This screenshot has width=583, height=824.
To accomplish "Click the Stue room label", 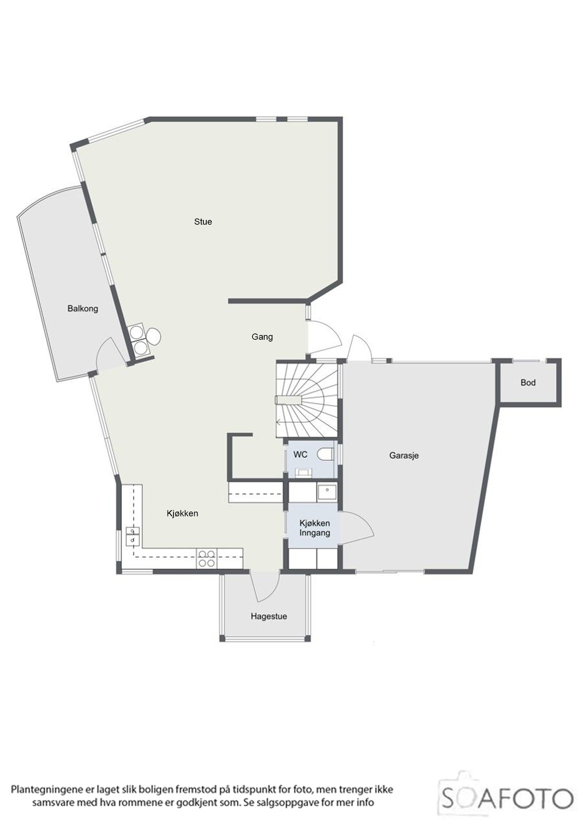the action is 203,222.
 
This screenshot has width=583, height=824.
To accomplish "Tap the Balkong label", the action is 83,308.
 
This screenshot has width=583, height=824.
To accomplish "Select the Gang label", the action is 262,337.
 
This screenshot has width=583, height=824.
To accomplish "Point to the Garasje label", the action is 404,456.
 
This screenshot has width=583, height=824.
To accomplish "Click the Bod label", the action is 528,382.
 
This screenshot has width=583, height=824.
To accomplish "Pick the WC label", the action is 301,454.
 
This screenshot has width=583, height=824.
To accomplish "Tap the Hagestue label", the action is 269,616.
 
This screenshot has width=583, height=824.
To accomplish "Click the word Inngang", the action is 315,533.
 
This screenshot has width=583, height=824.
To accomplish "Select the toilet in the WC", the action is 325,454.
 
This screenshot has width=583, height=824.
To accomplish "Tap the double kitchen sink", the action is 133,536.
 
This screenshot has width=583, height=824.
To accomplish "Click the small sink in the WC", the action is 303,473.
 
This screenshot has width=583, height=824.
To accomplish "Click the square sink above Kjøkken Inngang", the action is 327,493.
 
